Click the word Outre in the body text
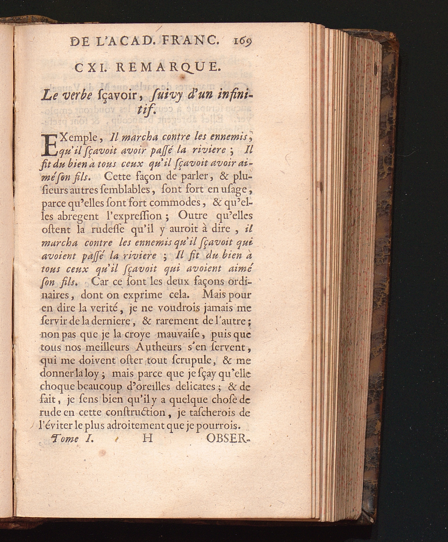[x=193, y=216]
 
